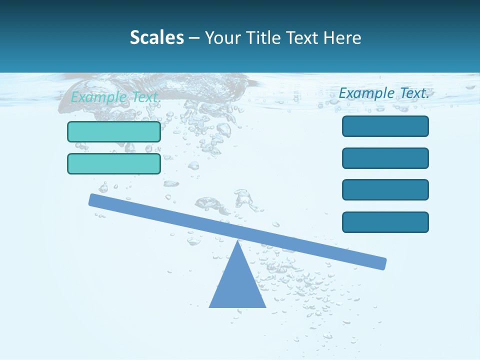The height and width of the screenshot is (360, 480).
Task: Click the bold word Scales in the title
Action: point(156,37)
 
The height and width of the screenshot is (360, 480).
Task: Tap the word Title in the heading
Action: point(259,37)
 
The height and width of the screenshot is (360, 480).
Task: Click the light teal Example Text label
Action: point(115,97)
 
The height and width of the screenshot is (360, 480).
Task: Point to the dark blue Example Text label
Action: point(384,93)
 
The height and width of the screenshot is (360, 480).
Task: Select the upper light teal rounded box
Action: point(114,131)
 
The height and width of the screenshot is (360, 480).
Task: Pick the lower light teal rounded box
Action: point(114,163)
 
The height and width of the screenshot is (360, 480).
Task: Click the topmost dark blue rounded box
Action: point(385,126)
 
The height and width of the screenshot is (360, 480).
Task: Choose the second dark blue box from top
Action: point(385,158)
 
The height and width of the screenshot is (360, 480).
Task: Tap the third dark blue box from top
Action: point(385,190)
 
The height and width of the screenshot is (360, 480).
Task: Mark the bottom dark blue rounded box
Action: point(385,222)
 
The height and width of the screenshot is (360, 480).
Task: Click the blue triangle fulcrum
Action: point(237,285)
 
